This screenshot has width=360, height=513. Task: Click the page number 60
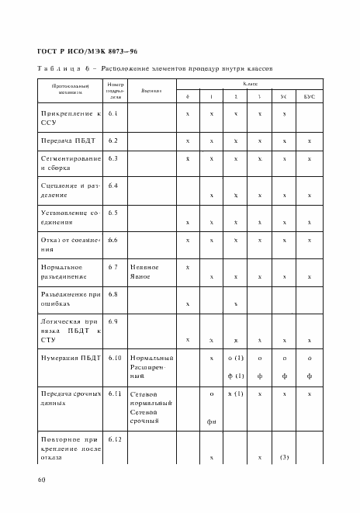click(41, 480)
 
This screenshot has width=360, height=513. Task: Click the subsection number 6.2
click(112, 140)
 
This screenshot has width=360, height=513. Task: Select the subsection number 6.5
click(112, 212)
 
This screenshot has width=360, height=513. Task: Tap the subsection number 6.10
click(115, 358)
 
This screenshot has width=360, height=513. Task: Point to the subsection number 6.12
click(115, 440)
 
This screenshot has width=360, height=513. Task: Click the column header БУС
click(309, 96)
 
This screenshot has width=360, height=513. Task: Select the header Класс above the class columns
click(250, 82)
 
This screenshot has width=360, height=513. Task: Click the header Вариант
click(151, 90)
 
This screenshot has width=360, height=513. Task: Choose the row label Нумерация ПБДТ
click(71, 358)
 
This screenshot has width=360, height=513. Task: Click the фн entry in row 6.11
click(211, 421)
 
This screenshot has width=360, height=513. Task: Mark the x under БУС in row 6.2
click(309, 141)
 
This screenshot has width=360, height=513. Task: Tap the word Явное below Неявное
click(141, 276)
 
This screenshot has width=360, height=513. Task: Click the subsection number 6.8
click(112, 294)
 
